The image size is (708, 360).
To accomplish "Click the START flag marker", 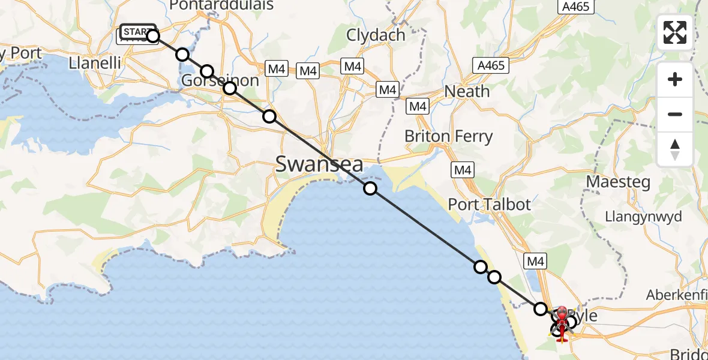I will (x=137, y=31).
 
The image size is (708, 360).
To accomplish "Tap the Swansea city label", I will (x=319, y=163).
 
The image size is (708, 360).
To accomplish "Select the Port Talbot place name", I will (x=490, y=205).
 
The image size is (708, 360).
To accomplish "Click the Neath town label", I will (x=467, y=92).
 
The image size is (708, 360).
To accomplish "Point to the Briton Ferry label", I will (x=448, y=136).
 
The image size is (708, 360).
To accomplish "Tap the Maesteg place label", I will (x=619, y=182).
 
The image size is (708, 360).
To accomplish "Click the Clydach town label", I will (x=376, y=35).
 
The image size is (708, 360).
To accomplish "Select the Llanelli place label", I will (x=95, y=62).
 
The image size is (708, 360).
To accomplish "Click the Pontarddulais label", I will (x=221, y=5).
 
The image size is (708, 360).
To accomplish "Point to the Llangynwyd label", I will (x=643, y=216).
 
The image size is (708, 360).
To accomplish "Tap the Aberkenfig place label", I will (x=677, y=295).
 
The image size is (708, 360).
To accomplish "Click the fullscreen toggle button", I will (x=675, y=32).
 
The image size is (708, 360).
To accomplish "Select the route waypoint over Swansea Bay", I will (x=370, y=188).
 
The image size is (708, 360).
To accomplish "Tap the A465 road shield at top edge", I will (x=575, y=7).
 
